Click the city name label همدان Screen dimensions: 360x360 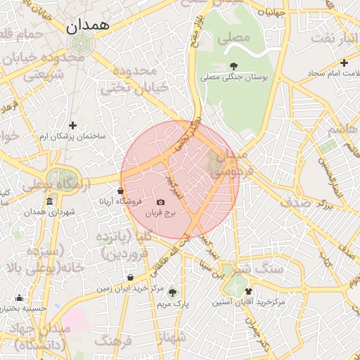[x=87, y=26]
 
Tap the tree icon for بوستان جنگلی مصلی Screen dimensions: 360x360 [x=233, y=66]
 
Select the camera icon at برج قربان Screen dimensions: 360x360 [x=161, y=202]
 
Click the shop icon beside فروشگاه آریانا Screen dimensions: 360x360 [x=121, y=191]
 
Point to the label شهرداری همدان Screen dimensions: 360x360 [x=49, y=212]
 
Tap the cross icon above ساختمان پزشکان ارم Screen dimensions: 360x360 [x=72, y=125]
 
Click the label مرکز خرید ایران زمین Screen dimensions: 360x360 [x=129, y=288]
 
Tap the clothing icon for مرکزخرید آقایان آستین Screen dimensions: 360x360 [x=247, y=290]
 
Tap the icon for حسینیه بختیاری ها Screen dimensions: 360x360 [x=19, y=297]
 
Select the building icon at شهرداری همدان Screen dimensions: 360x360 [x=49, y=202]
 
